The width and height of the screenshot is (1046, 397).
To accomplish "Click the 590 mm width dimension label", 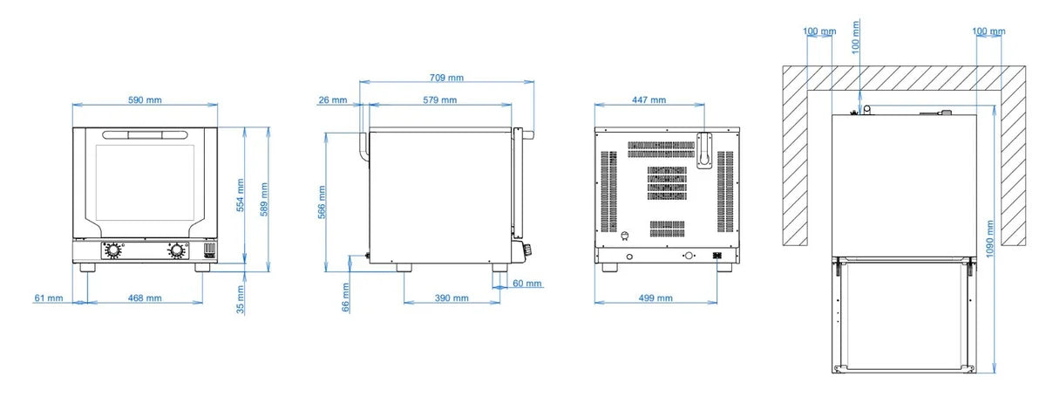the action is [145, 100].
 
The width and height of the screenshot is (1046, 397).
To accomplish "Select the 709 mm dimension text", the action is [446, 78].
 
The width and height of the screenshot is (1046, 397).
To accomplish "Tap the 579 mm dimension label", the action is [440, 100].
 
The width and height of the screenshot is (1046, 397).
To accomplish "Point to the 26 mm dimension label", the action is [333, 100].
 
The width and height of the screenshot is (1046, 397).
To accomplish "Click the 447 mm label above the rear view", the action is [649, 100].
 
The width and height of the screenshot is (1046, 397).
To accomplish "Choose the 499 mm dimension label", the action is [655, 298].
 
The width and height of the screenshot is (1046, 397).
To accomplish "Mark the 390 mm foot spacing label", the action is [452, 298].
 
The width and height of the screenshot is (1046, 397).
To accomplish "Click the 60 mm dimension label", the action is [527, 284].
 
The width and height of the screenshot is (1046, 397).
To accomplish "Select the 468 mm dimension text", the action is [145, 298].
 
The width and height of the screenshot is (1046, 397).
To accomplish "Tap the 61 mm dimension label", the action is [49, 298].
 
